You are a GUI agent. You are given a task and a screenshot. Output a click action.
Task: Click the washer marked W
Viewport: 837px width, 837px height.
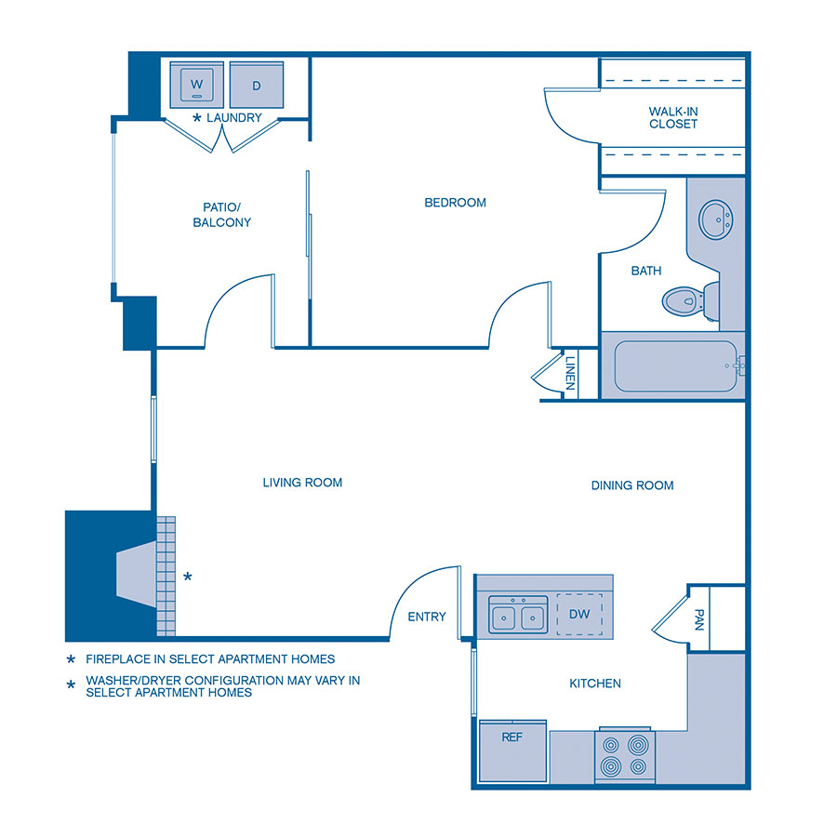pos(196,86)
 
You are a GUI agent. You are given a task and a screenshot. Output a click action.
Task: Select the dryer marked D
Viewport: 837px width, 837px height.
pos(256,86)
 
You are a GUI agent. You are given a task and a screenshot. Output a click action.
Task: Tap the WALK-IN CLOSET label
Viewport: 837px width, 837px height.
pos(673,117)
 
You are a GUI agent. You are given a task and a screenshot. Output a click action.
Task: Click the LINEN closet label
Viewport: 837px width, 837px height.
pos(570,375)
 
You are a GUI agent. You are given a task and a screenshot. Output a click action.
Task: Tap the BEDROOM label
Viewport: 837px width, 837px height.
pos(455,203)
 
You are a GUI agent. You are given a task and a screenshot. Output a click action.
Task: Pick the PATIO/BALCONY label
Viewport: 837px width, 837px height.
pos(221,215)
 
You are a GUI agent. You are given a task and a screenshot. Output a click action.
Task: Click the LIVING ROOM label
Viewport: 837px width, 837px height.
pos(302,483)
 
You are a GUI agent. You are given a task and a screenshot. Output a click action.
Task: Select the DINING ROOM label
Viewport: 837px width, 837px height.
pos(632,485)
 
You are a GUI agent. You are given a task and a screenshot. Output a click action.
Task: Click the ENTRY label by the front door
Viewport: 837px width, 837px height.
pos(427,617)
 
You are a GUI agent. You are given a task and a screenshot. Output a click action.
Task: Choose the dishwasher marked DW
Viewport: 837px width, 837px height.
pos(579,615)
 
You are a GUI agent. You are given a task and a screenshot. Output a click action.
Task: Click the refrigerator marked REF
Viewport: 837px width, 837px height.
pos(512,751)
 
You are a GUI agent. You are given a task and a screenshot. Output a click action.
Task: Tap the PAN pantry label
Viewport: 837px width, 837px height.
pos(699,619)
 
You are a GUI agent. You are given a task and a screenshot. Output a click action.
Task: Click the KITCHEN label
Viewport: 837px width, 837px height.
pos(595,684)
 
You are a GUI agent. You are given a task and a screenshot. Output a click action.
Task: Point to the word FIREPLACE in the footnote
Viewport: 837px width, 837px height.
pos(121,659)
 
